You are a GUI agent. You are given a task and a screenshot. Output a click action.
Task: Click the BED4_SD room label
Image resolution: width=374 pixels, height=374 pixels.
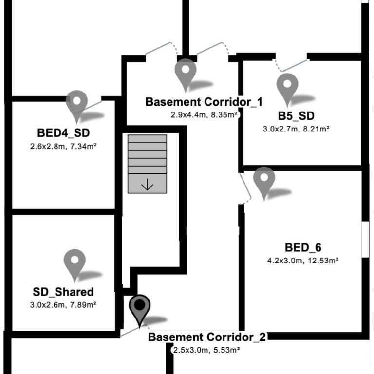point(63,133)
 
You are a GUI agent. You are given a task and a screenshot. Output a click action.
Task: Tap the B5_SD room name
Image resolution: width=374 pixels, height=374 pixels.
point(296,116)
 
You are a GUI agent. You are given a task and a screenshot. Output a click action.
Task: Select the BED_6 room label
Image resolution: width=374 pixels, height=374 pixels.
point(303,247)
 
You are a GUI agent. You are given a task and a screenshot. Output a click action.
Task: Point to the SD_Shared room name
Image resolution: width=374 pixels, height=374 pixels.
point(63,292)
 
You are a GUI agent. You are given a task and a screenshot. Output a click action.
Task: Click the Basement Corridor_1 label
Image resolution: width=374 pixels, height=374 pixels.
point(204,102)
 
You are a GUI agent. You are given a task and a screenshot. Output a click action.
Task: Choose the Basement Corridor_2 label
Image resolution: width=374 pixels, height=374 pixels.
point(207,337)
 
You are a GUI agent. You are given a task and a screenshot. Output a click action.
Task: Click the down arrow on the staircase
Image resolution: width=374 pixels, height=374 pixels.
point(147,185)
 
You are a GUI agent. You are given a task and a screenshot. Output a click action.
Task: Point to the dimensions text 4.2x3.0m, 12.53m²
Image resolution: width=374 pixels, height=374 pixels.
point(303,261)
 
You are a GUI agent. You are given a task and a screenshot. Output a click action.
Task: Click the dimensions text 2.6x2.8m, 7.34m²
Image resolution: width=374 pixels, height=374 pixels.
point(63,146)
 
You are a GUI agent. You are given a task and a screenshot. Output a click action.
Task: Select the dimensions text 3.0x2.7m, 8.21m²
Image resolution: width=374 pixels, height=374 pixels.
point(296,129)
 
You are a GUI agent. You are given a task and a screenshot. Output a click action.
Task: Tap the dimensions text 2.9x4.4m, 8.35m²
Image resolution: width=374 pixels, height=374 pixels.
point(204,115)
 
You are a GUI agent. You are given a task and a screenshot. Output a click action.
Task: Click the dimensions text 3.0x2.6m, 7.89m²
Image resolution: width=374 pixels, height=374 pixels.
point(63,305)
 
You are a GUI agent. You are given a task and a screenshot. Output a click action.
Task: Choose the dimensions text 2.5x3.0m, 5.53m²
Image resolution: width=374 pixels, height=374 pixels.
point(206,350)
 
